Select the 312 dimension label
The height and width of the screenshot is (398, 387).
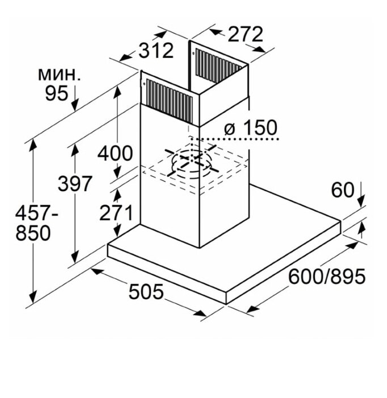coord(156,51)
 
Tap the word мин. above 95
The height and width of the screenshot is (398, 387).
coord(59,74)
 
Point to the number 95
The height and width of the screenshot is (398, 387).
coord(57,93)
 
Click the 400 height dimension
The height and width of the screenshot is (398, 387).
coord(115,154)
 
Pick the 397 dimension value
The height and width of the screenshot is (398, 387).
coord(74,184)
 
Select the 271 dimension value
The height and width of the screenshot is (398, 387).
coord(116,213)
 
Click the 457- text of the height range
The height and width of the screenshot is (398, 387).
coord(36,213)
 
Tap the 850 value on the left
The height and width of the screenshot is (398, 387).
coord(33,233)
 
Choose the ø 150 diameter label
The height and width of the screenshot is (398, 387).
coord(250,127)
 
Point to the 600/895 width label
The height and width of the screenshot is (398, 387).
coord(327,276)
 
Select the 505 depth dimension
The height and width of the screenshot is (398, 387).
coord(146,291)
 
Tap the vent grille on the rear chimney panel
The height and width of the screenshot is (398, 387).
coord(218,65)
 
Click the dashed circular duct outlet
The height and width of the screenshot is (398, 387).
coord(192,164)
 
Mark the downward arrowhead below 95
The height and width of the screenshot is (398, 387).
coord(75,106)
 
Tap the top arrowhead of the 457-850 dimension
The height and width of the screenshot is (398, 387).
coord(33,145)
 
